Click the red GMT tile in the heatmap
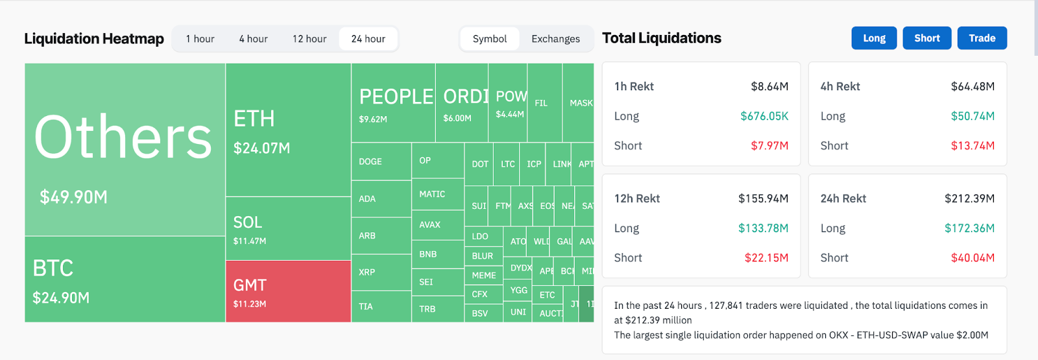(x=288, y=291)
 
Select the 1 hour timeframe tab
(x=200, y=39)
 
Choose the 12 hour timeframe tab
(x=309, y=39)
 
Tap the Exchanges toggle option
(x=555, y=39)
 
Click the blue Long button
(x=874, y=38)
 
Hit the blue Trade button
(x=982, y=38)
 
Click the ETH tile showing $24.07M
(x=288, y=130)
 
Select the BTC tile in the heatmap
(x=125, y=280)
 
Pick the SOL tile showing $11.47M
(x=288, y=229)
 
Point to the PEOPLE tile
(x=393, y=103)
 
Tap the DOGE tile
(x=381, y=162)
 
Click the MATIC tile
(x=437, y=194)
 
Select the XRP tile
(x=381, y=272)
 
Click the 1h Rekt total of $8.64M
(x=769, y=86)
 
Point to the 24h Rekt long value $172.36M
(x=969, y=228)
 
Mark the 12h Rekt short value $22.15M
(x=766, y=258)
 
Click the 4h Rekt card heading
(x=840, y=86)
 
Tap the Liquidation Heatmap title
(x=94, y=39)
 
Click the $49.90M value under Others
(x=73, y=197)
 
